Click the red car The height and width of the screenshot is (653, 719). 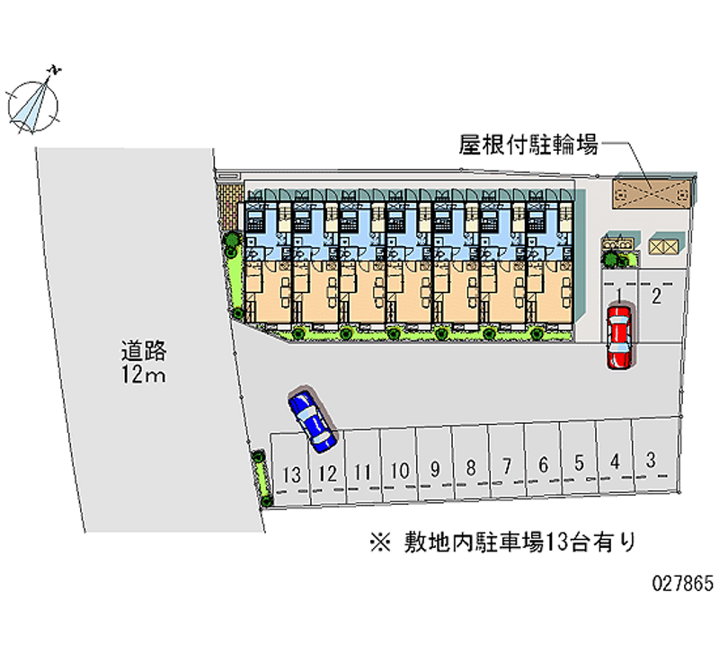pyautogui.click(x=619, y=336)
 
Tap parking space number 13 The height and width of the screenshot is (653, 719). pyautogui.click(x=290, y=472)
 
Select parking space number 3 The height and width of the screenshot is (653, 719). pyautogui.click(x=650, y=460)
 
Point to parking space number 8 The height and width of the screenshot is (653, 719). pyautogui.click(x=470, y=466)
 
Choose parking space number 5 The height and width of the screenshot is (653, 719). pyautogui.click(x=580, y=463)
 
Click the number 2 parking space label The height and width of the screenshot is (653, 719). pyautogui.click(x=657, y=297)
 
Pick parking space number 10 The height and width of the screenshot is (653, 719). pyautogui.click(x=400, y=469)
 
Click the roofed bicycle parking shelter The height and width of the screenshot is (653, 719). pyautogui.click(x=653, y=190)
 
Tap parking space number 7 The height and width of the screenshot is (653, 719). pyautogui.click(x=507, y=465)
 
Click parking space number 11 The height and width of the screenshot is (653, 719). pyautogui.click(x=363, y=470)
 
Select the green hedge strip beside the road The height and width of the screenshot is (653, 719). pyautogui.click(x=262, y=476)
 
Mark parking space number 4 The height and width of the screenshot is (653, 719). pyautogui.click(x=615, y=462)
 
